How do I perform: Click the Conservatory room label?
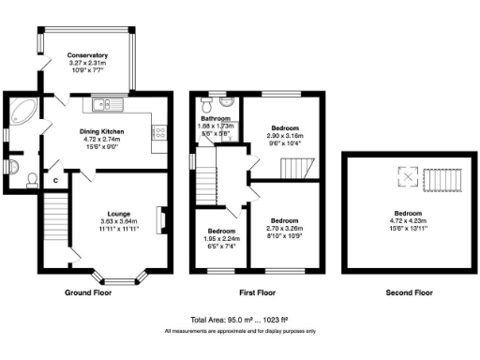click(x=87, y=55)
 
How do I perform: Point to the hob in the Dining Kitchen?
click(x=159, y=132)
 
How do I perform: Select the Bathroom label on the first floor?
click(x=216, y=119)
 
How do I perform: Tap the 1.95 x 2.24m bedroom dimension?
click(x=221, y=238)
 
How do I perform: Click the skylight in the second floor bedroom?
click(x=407, y=175)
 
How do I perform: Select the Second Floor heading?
click(x=409, y=293)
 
